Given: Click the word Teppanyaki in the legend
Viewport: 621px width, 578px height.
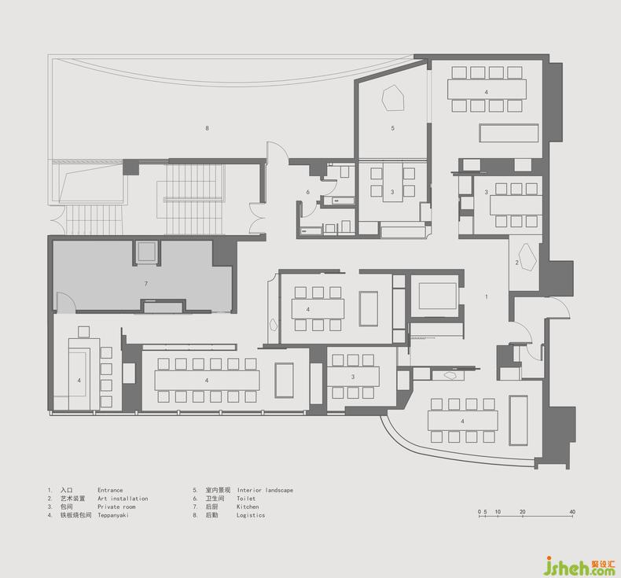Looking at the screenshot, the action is point(113,515).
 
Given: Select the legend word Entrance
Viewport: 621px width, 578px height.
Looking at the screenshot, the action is point(110,490).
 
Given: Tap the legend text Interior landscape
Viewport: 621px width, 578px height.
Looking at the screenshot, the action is point(266,490).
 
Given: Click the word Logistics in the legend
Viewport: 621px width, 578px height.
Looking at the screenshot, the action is point(251,515).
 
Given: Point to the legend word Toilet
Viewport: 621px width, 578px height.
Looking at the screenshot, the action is point(246,499).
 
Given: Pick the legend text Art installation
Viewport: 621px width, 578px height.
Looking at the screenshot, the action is point(123,499).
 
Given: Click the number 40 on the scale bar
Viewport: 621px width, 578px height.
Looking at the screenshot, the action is point(572,512).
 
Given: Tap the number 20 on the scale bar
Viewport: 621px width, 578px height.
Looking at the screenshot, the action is point(523,512).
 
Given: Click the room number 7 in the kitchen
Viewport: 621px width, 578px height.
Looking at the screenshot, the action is point(146,284).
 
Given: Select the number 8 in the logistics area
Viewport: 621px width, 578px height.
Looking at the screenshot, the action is point(207,128).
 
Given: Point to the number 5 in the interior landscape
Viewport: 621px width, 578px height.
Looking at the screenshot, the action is point(392,128).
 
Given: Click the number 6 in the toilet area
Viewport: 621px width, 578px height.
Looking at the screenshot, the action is point(307,192).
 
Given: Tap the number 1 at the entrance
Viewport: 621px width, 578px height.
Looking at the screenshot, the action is point(487,296).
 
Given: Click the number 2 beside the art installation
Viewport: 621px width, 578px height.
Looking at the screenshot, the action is point(516,263).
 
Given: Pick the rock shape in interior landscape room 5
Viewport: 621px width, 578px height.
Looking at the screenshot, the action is point(393,98).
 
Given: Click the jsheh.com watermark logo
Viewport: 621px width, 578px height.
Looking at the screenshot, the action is point(579,565).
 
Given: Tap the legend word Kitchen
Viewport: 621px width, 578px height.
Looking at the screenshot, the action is point(248,506).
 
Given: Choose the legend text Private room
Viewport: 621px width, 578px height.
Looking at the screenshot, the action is point(116,506).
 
